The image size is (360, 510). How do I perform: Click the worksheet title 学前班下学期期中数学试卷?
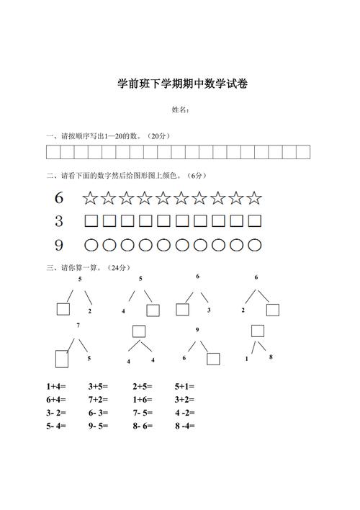point(182,84)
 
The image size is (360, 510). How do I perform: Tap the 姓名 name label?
point(180,110)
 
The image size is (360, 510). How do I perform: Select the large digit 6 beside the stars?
point(59,198)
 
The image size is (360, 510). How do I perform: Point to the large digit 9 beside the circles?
point(59,246)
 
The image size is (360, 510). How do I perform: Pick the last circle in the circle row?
point(255,246)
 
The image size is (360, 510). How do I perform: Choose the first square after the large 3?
point(91,221)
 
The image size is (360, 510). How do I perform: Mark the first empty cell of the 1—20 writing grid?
point(53,152)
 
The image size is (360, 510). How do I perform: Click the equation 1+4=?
point(56,386)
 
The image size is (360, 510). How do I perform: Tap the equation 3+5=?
point(98,386)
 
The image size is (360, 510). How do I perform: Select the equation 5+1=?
point(185,386)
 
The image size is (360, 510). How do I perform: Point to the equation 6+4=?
point(56,399)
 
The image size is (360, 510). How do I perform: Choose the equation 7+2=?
point(98,399)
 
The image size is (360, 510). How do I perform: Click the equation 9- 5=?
point(98,426)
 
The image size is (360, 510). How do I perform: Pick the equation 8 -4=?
point(185,426)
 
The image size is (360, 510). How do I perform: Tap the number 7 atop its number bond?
point(77,326)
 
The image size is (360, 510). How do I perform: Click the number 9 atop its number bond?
point(197,329)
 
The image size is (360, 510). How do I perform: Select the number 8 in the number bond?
point(271,357)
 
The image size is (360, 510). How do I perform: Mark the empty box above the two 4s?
point(139,331)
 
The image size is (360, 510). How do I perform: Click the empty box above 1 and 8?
point(257,331)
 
